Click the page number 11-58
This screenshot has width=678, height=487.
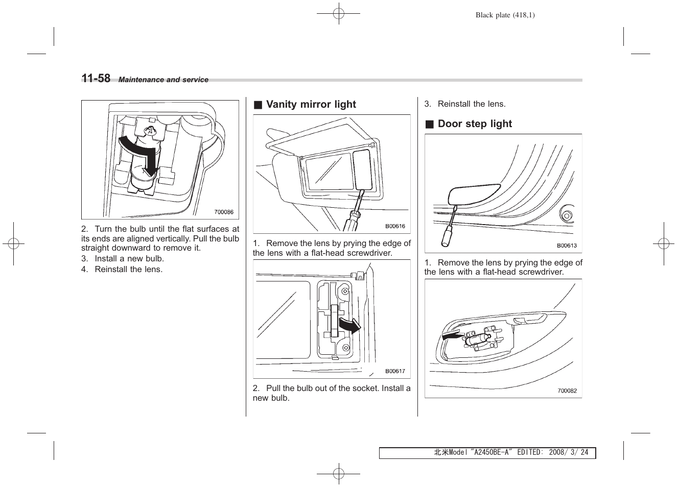coord(96,78)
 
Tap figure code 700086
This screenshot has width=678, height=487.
coord(223,212)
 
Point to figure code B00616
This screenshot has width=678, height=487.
coord(395,226)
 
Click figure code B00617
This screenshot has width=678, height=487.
coord(395,371)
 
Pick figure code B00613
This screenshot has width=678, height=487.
coord(567,246)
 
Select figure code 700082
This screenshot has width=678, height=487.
coord(567,391)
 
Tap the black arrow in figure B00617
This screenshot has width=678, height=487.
coord(350,325)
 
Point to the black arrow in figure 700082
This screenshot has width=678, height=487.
coord(451,336)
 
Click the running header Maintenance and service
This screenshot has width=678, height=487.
coord(163,80)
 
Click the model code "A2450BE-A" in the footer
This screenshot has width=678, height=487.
coord(492,453)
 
